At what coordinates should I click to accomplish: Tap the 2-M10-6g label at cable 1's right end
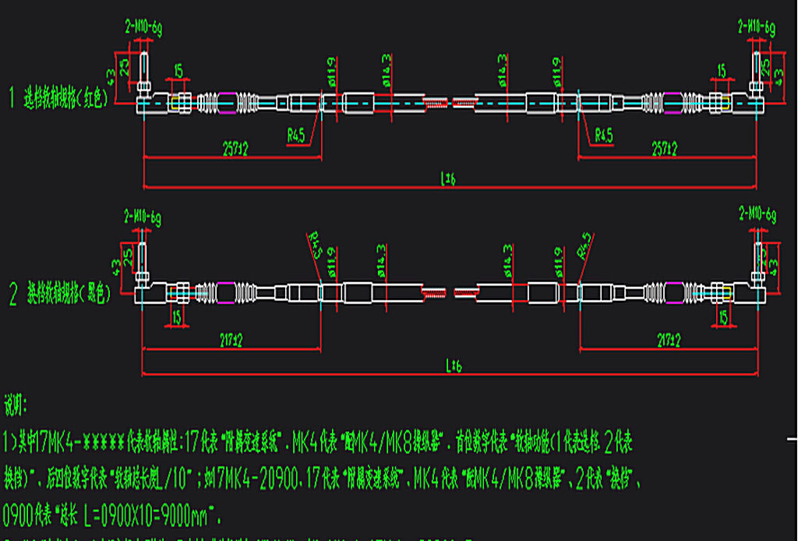point(756,26)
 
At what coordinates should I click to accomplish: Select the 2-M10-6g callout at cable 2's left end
point(143,215)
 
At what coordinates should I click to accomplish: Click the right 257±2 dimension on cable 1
point(667,150)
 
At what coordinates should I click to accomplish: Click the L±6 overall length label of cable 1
point(448,179)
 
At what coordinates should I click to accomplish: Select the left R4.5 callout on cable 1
point(295,136)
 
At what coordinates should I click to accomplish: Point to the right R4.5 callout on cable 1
point(604,136)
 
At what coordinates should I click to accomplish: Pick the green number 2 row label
point(12,293)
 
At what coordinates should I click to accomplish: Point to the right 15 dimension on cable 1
point(722,71)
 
